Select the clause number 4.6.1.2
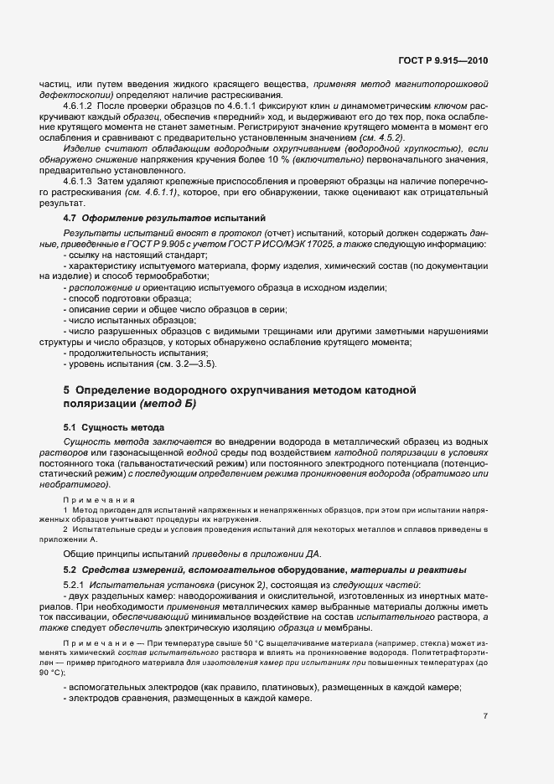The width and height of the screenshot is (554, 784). point(81,107)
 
